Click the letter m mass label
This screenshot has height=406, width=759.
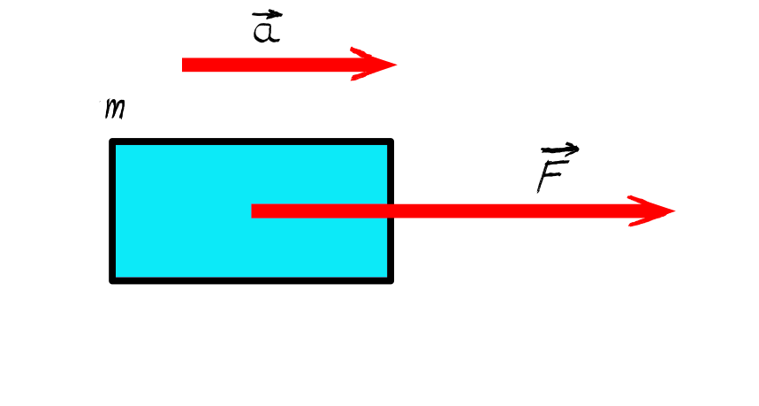click(115, 109)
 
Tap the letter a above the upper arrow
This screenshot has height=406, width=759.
click(266, 32)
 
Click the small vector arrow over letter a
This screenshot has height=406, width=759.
click(267, 15)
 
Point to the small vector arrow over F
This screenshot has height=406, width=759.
click(560, 149)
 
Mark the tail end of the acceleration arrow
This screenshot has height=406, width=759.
click(183, 65)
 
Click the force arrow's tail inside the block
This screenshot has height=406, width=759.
click(252, 211)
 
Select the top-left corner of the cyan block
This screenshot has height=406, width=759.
click(110, 140)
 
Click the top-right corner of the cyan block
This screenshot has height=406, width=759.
click(392, 140)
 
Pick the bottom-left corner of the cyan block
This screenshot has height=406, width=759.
click(110, 282)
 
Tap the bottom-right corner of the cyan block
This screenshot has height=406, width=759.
click(392, 282)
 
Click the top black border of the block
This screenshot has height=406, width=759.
click(251, 142)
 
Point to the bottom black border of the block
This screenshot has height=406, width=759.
click(251, 281)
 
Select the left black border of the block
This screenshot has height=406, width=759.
click(112, 211)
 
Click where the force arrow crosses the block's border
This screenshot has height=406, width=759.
click(391, 211)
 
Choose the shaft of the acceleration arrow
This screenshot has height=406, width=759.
click(272, 65)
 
